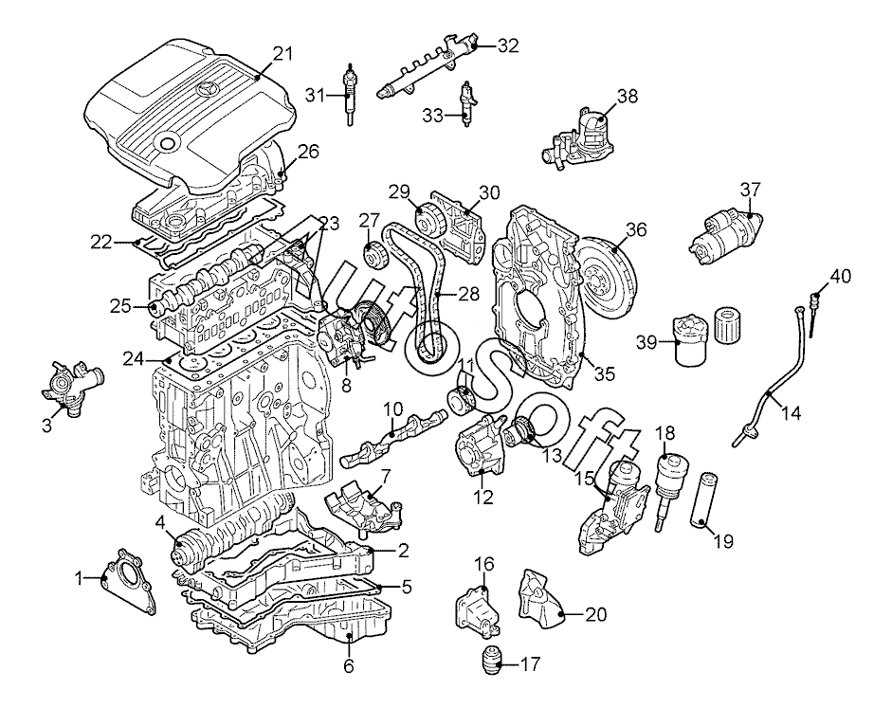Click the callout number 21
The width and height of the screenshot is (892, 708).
point(283,54)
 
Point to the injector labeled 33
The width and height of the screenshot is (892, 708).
point(466,104)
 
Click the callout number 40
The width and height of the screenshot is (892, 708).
point(841,277)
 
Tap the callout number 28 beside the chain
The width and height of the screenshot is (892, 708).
point(468,294)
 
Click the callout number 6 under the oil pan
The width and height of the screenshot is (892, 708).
point(349,665)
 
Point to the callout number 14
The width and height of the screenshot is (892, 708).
point(792,412)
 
